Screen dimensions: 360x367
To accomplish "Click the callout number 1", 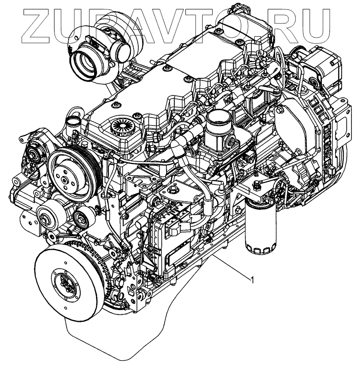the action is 252,279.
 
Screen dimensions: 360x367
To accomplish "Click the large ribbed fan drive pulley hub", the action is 70,173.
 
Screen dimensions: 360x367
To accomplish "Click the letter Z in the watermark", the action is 38,26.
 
